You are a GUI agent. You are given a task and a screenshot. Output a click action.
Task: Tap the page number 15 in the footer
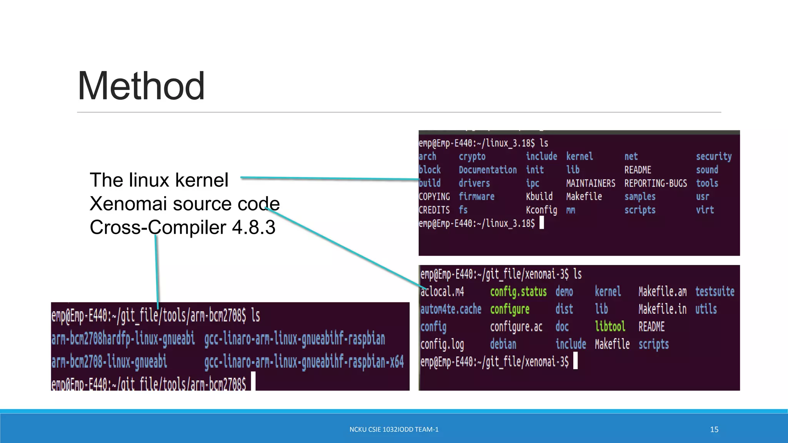coord(714,430)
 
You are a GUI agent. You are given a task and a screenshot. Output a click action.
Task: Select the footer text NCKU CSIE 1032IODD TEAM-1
coord(394,430)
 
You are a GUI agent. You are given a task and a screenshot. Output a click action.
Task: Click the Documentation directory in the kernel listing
coord(487,170)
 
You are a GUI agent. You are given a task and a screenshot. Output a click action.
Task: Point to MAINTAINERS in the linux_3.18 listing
coord(591,183)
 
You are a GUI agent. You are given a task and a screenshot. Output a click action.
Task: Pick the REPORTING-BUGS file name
coord(655,183)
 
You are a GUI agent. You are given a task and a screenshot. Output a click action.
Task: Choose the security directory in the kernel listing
coord(714,157)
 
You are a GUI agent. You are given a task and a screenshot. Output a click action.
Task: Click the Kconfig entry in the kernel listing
coord(541,210)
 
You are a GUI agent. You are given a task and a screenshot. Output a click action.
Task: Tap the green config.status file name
coord(518,292)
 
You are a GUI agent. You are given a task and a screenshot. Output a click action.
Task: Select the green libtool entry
coord(610,326)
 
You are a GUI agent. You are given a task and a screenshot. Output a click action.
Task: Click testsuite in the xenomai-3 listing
coord(715,292)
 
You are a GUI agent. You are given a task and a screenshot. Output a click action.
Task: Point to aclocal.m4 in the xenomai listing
coord(442,292)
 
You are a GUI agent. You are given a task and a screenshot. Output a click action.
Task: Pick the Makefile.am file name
coord(662,292)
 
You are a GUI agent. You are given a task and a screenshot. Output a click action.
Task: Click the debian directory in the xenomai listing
coord(503,344)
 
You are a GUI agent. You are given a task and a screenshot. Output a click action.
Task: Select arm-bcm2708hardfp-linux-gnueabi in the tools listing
coord(123,339)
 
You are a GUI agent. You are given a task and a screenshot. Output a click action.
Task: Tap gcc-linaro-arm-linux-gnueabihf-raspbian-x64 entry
coord(304,362)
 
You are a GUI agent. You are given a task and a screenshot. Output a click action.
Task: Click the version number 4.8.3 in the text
coord(254,227)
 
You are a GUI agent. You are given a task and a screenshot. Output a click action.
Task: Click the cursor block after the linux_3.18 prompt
coord(542,223)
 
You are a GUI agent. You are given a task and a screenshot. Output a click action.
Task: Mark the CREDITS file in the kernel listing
coord(434,210)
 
